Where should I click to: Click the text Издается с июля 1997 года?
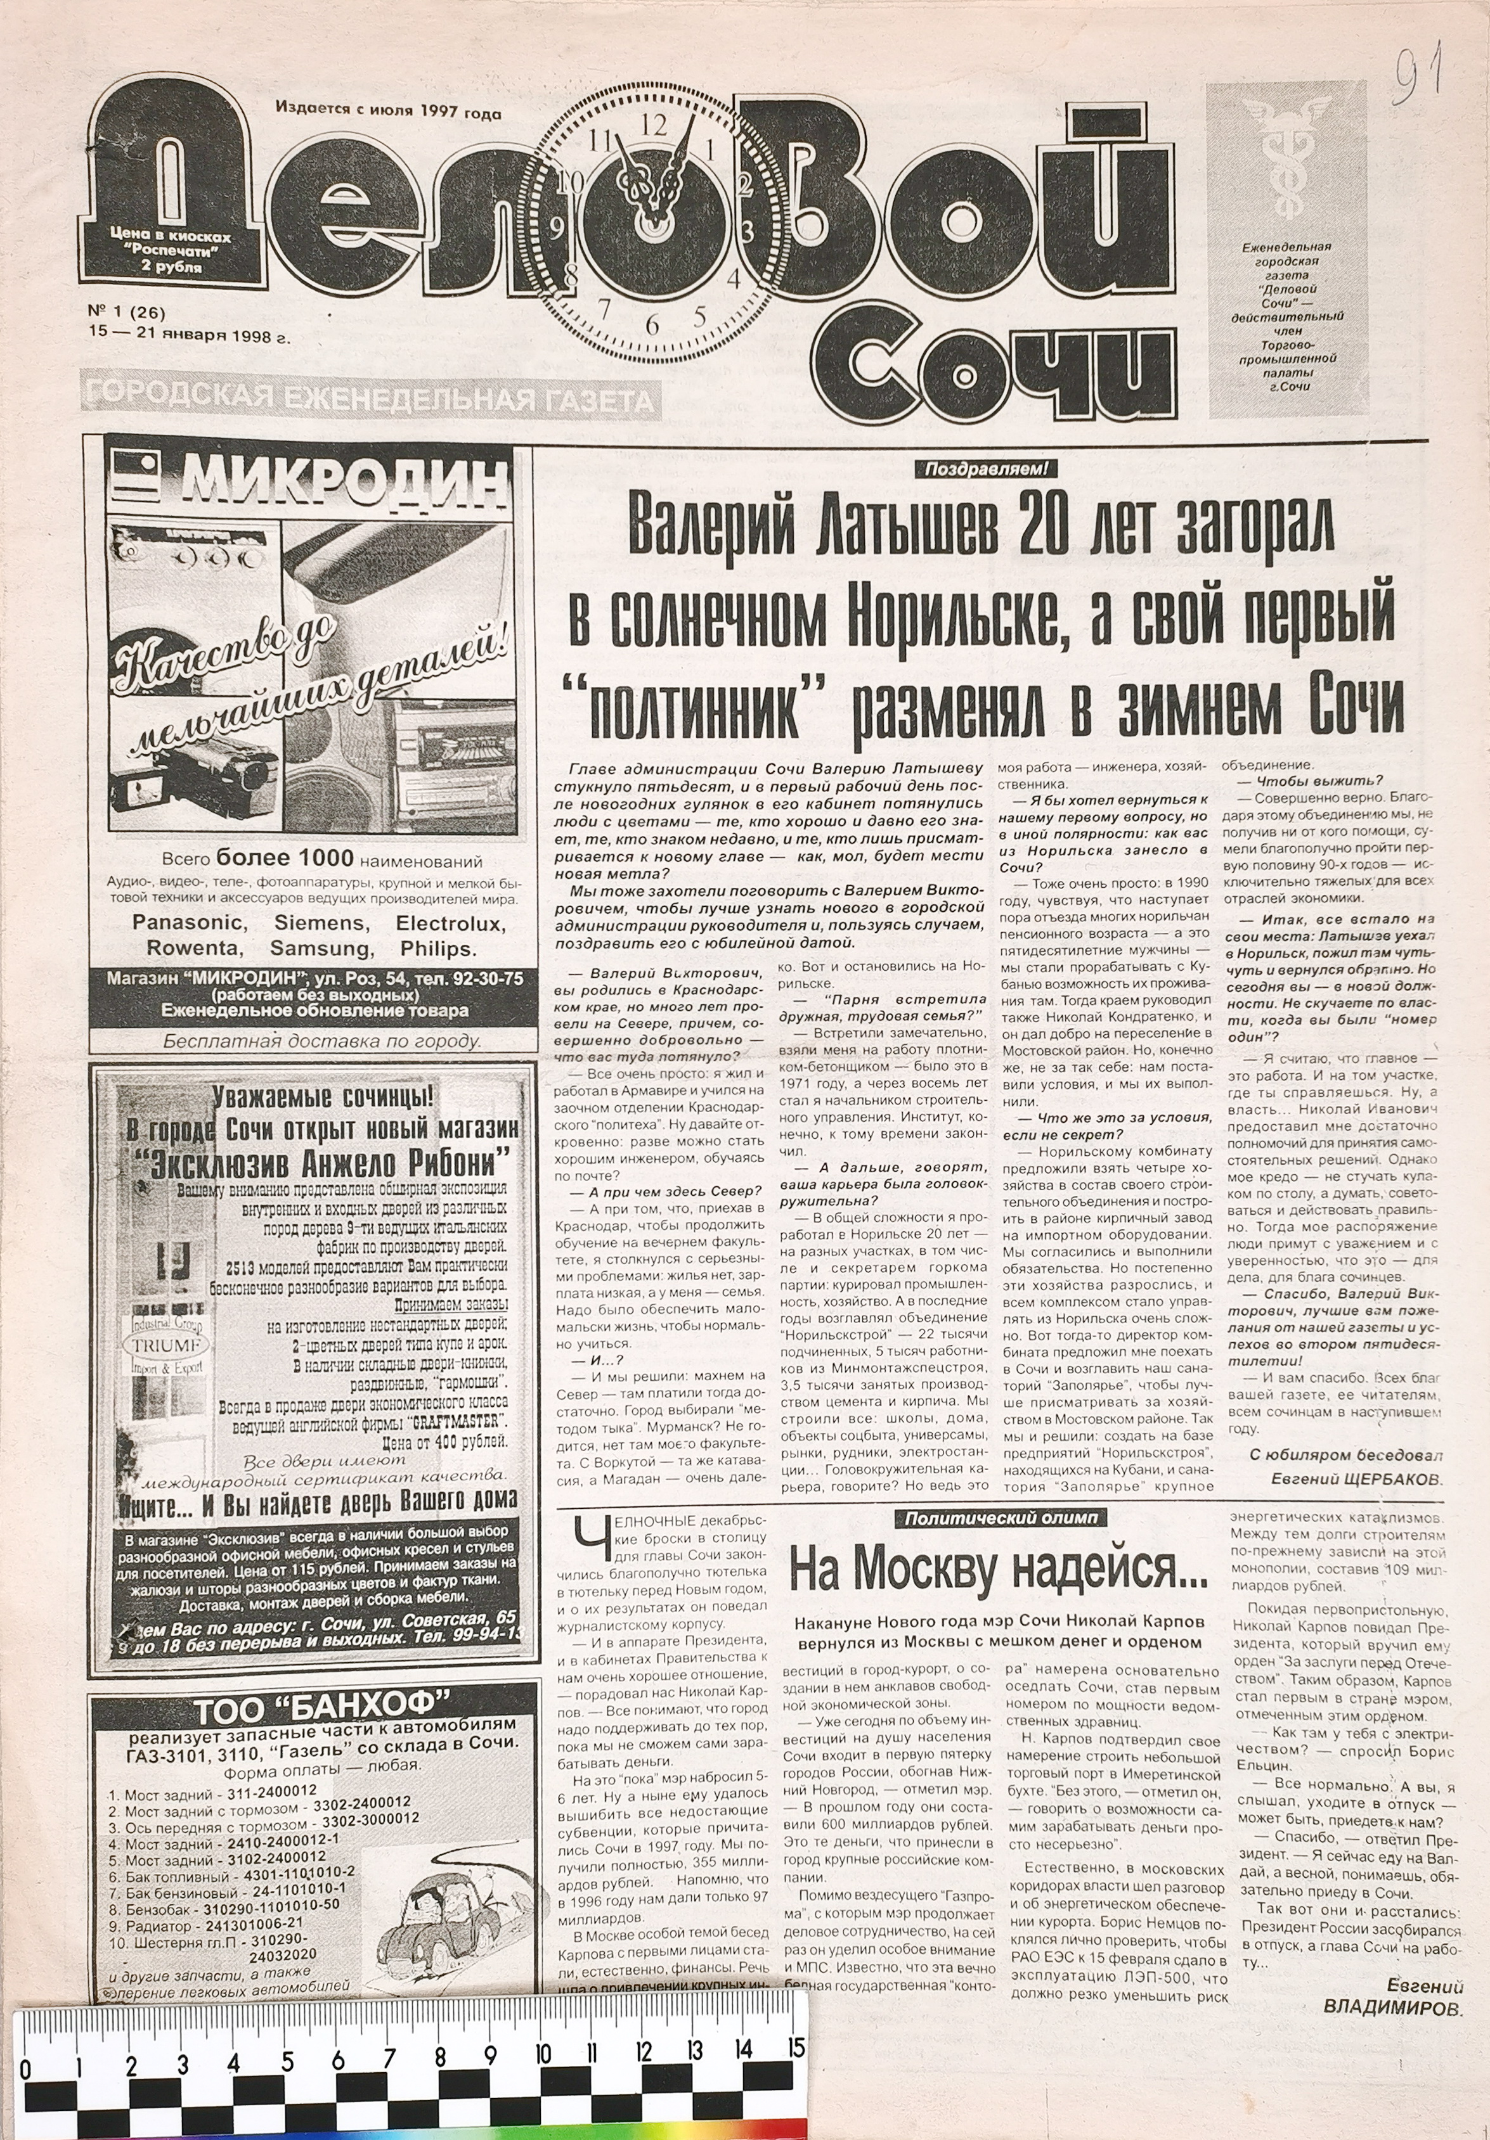pos(388,113)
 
